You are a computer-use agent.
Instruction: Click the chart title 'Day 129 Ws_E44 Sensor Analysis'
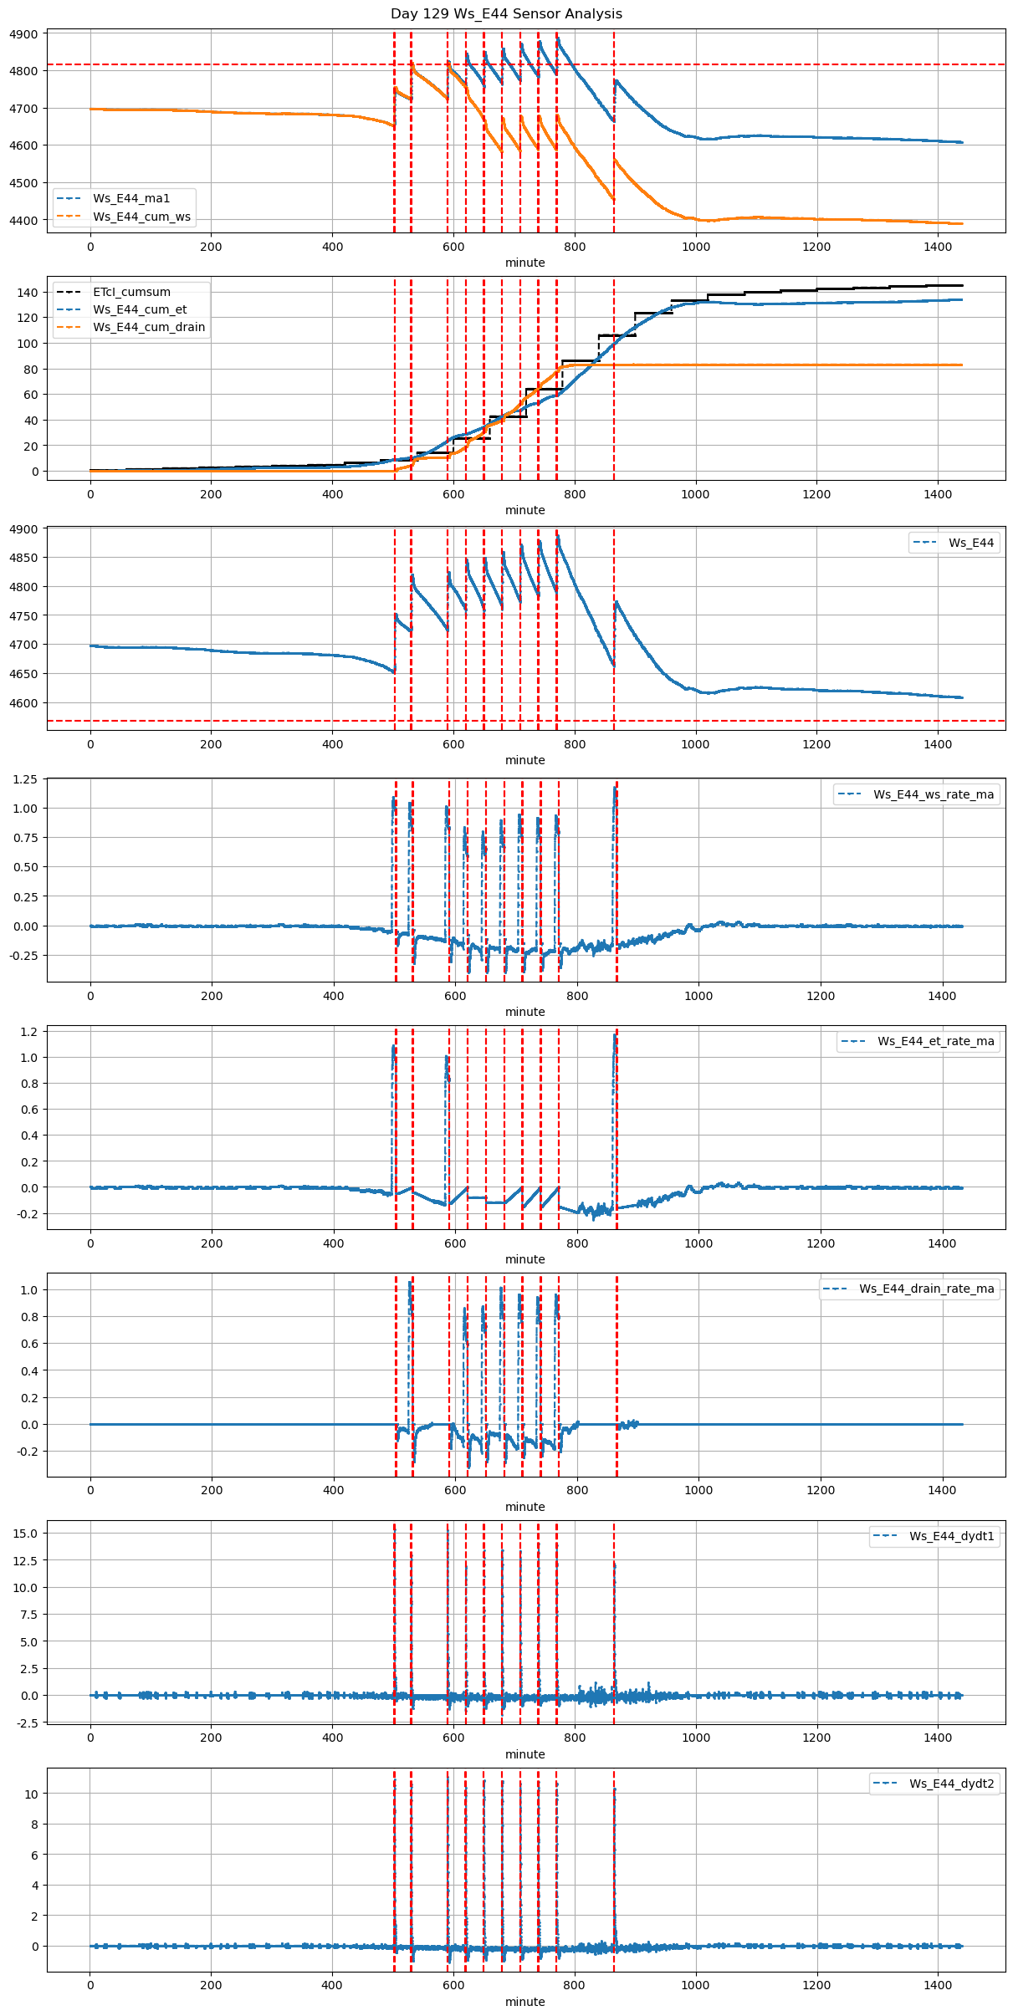pos(506,14)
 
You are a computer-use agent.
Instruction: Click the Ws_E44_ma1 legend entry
pos(131,198)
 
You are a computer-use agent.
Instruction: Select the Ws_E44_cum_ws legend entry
pos(141,217)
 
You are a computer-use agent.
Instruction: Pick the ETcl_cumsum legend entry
pos(131,292)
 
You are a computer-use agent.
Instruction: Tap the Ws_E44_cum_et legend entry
pos(140,309)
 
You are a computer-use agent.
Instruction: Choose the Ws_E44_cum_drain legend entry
pos(149,327)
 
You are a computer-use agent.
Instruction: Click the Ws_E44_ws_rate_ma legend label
pos(934,794)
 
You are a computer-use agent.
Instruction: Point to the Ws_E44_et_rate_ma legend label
pos(935,1041)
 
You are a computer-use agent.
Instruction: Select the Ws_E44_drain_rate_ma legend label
pos(927,1289)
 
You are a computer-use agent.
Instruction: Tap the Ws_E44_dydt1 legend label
pos(952,1536)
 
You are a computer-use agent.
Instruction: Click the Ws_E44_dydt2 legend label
pos(952,1784)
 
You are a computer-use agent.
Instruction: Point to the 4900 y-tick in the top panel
pos(25,34)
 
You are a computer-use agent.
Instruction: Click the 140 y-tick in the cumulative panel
pos(28,293)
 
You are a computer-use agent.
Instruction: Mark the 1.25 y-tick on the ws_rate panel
pos(25,779)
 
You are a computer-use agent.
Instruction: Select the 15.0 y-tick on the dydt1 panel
pos(25,1534)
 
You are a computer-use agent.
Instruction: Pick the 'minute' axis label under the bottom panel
pos(524,2002)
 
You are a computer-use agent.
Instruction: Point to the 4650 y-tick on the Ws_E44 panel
pos(25,674)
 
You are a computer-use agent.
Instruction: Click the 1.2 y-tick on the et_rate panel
pos(28,1032)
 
